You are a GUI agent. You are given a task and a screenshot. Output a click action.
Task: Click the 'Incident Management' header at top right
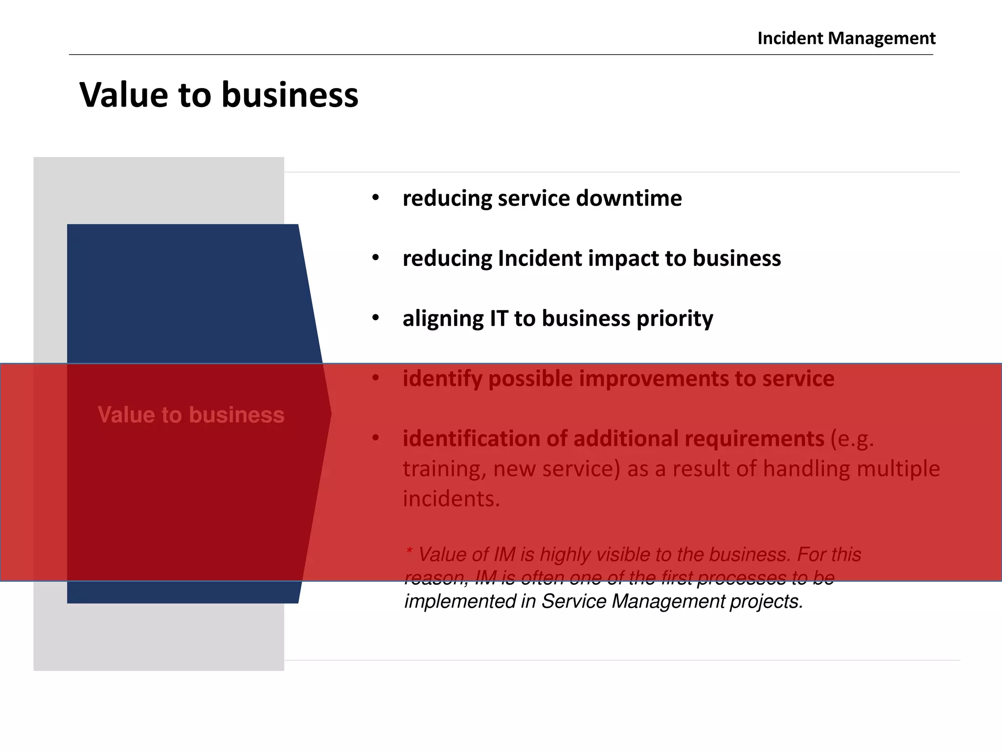[846, 38]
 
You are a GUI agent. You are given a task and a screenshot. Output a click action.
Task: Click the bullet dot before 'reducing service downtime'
[375, 198]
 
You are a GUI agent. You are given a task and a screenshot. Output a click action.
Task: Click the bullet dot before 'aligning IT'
[375, 318]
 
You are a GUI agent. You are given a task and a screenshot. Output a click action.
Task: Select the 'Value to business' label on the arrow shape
[191, 415]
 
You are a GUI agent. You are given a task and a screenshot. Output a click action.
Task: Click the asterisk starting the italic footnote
[410, 553]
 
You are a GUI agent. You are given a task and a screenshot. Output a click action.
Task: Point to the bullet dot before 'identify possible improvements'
[375, 378]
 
